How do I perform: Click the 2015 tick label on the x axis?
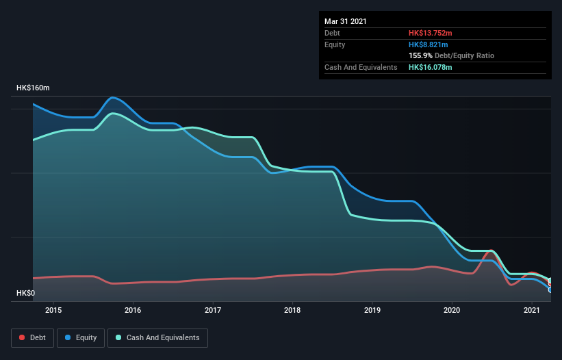click(x=53, y=311)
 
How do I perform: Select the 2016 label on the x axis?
click(x=133, y=311)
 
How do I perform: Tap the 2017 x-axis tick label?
click(x=213, y=311)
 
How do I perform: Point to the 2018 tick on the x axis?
click(x=292, y=311)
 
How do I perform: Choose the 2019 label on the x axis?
click(x=372, y=311)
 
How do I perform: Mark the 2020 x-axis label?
click(x=452, y=311)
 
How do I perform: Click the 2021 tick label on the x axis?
click(x=531, y=311)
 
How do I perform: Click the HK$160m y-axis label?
click(x=33, y=88)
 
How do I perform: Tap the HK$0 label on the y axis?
click(x=25, y=294)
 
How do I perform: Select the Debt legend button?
click(x=33, y=337)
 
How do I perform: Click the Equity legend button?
click(x=81, y=337)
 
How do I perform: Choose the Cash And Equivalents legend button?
click(x=157, y=337)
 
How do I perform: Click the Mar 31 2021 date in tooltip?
click(x=346, y=21)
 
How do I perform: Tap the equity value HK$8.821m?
click(x=429, y=44)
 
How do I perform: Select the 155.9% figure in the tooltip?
click(x=421, y=55)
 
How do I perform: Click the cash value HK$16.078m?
click(x=431, y=67)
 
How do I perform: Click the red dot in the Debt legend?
click(x=23, y=337)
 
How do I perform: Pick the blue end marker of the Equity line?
click(x=550, y=290)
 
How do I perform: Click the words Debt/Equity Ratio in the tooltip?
click(x=465, y=55)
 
